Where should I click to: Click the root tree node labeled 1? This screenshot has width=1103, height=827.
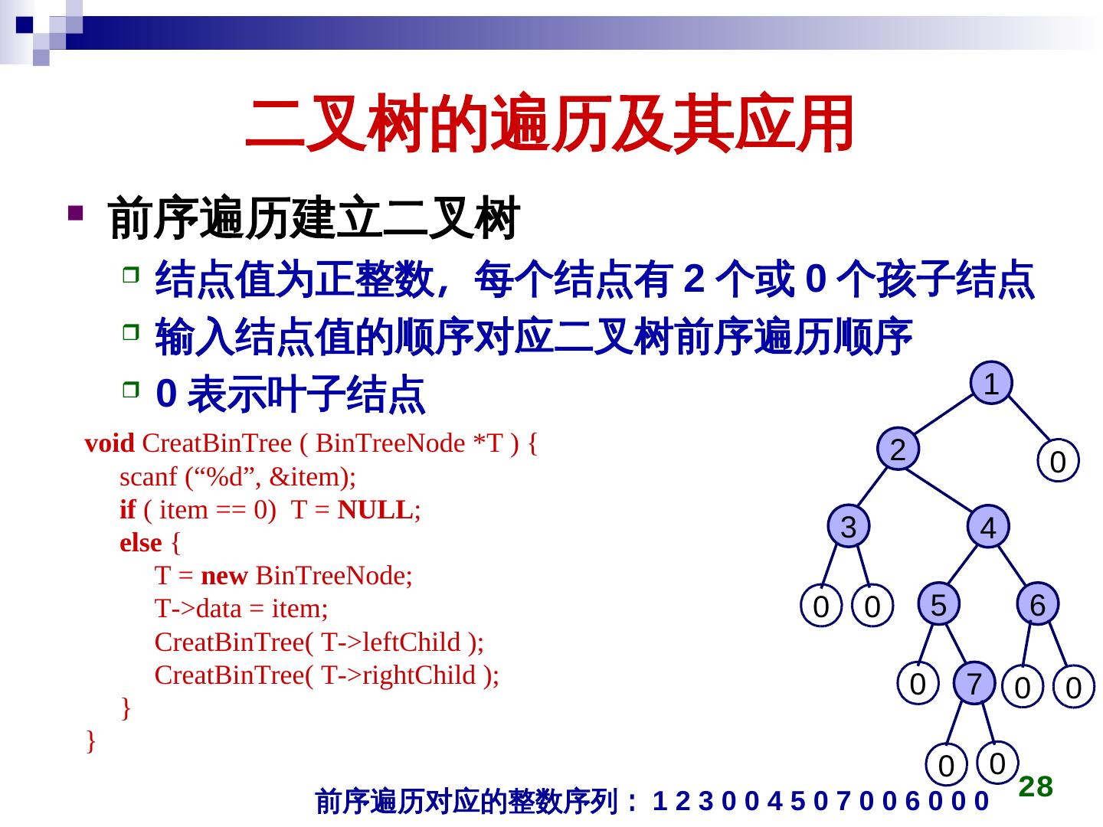click(x=991, y=383)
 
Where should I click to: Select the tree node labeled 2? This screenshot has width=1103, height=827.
click(x=898, y=449)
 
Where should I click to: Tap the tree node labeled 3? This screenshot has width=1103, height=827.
click(x=849, y=527)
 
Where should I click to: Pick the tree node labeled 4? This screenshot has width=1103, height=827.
click(x=988, y=528)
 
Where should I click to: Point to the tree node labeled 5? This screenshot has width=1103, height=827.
click(x=938, y=605)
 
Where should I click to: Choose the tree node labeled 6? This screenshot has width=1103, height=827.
click(x=1037, y=605)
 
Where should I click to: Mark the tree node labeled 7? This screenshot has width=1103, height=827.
click(x=974, y=683)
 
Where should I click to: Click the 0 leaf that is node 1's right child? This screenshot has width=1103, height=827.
click(x=1058, y=462)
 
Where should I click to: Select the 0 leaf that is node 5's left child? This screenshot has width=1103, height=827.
click(x=918, y=683)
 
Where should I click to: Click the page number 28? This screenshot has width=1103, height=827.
click(x=1036, y=786)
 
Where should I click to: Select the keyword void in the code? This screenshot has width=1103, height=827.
click(x=109, y=443)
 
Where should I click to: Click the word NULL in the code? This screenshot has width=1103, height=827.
click(x=375, y=510)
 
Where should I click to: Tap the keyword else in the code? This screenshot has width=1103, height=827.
click(x=141, y=543)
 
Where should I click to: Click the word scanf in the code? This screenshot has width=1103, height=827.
click(x=149, y=477)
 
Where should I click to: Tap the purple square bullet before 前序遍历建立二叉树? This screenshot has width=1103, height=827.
click(x=75, y=212)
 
